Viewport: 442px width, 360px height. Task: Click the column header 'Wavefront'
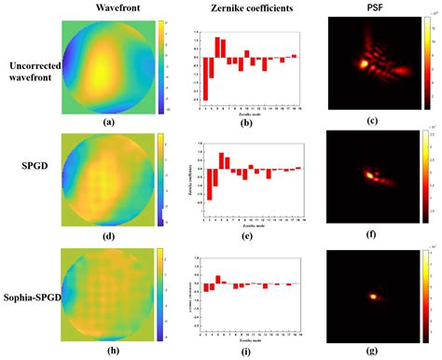[x=109, y=7]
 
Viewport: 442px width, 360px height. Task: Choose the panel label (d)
[x=109, y=237]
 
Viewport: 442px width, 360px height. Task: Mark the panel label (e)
[x=244, y=237]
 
